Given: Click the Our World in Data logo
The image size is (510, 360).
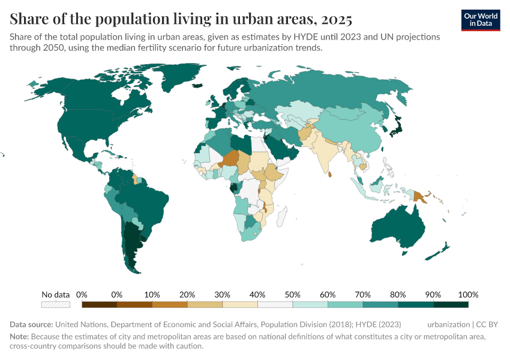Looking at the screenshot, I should pos(481,20).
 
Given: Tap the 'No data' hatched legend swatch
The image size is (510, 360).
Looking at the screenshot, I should pos(55,304).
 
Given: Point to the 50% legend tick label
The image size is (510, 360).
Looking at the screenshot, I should pos(293,295).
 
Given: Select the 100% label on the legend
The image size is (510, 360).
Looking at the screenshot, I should pos(468,295).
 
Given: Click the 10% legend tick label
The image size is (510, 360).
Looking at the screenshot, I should pos(152,295).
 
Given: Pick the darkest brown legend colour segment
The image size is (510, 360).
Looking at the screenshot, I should pos(99,304).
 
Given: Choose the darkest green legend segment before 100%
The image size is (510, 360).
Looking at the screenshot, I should pos(451,304).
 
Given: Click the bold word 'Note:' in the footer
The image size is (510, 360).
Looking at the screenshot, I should pos(20,337).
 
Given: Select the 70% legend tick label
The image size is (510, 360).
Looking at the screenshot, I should pos(363,295).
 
